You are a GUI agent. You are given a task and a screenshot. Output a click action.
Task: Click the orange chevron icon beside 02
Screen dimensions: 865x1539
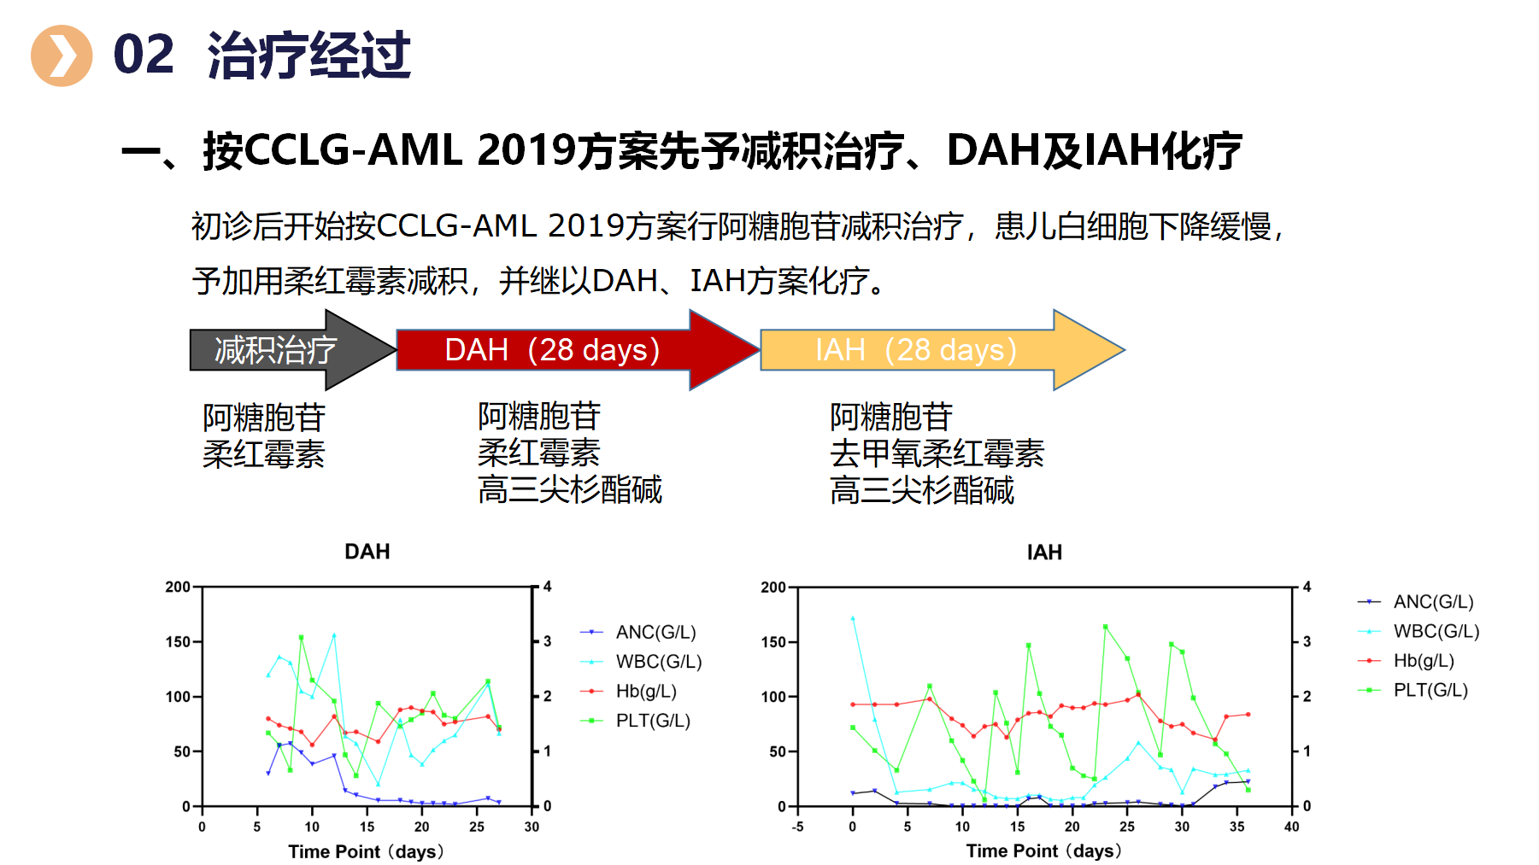(62, 56)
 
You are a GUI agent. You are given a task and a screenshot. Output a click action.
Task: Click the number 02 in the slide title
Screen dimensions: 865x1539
(144, 56)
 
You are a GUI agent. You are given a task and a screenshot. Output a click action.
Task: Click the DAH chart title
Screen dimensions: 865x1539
(367, 552)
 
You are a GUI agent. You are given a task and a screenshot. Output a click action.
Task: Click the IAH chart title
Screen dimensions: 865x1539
(1044, 552)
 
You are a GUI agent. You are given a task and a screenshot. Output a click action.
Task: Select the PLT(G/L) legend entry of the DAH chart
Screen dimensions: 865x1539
(652, 721)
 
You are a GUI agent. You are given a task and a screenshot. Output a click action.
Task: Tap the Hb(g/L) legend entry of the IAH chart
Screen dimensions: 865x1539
(1423, 660)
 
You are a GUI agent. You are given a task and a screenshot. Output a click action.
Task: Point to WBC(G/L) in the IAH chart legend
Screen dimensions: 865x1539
(1436, 631)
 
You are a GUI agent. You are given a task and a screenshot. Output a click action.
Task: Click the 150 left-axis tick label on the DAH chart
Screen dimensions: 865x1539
(178, 641)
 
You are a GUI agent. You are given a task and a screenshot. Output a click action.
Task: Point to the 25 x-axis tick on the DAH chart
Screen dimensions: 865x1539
(477, 827)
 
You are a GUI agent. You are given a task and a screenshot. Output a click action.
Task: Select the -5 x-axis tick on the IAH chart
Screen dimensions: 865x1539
(797, 827)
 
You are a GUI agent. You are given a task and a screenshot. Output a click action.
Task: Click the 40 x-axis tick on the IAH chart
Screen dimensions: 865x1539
(1291, 827)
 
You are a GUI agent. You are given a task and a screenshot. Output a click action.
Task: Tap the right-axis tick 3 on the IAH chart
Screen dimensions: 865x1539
(1307, 641)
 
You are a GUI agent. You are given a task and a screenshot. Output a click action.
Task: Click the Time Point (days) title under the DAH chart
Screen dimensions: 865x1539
(366, 851)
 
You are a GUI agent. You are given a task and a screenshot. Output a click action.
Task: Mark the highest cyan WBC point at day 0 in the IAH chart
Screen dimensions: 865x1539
(853, 618)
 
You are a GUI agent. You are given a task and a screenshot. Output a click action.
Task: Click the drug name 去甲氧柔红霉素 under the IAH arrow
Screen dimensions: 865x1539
(937, 453)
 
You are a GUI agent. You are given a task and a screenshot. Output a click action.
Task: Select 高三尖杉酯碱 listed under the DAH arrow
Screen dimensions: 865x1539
(570, 489)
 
